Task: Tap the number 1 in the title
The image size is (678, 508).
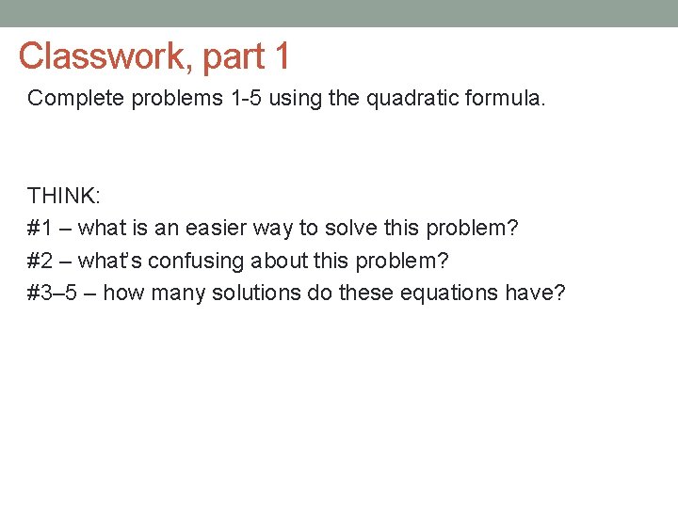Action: [281, 56]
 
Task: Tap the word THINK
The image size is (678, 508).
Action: [63, 197]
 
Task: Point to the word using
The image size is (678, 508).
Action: [293, 99]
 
